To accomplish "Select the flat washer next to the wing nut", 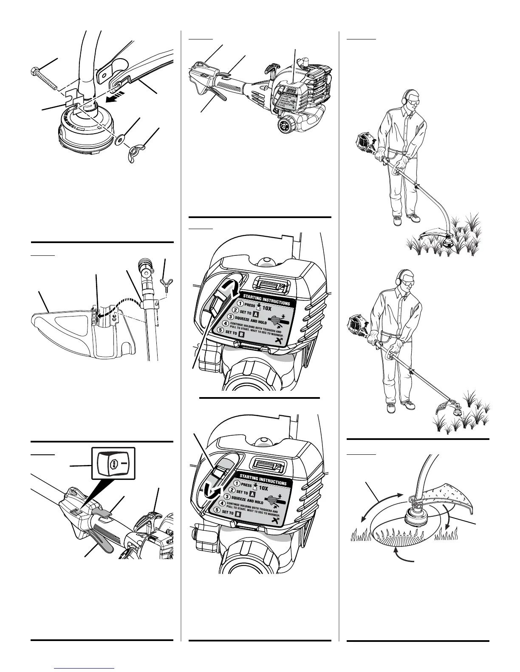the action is click(x=122, y=139).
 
